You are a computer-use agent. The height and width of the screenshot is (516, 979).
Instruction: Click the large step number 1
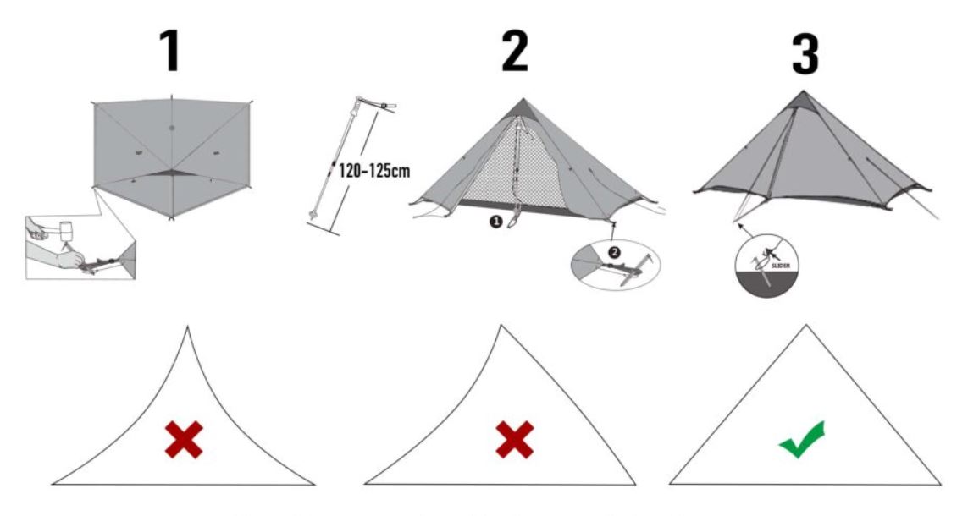(170, 51)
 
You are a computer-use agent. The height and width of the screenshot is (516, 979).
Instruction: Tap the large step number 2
(516, 51)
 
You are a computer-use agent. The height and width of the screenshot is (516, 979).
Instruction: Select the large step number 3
(805, 54)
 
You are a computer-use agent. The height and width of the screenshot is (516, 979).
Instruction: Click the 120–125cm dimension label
(374, 170)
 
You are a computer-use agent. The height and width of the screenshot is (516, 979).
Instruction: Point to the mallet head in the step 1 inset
(65, 230)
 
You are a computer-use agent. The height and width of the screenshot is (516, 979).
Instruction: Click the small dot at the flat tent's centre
(172, 128)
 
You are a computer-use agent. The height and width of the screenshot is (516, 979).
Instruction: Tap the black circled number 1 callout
(495, 221)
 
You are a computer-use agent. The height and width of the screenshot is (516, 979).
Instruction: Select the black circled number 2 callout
(614, 251)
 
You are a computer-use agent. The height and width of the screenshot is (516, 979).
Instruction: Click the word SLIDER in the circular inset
(781, 266)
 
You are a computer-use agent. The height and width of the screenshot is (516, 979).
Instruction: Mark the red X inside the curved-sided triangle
(184, 440)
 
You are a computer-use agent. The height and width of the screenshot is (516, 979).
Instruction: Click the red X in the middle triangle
(515, 440)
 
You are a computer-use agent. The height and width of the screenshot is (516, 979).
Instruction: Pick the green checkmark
(802, 441)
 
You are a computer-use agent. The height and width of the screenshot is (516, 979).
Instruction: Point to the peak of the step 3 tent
(804, 91)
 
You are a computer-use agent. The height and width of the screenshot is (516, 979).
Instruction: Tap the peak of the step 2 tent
(523, 99)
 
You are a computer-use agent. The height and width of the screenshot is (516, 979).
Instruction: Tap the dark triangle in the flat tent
(171, 173)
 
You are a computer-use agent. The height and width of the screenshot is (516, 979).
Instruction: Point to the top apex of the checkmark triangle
(806, 325)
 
